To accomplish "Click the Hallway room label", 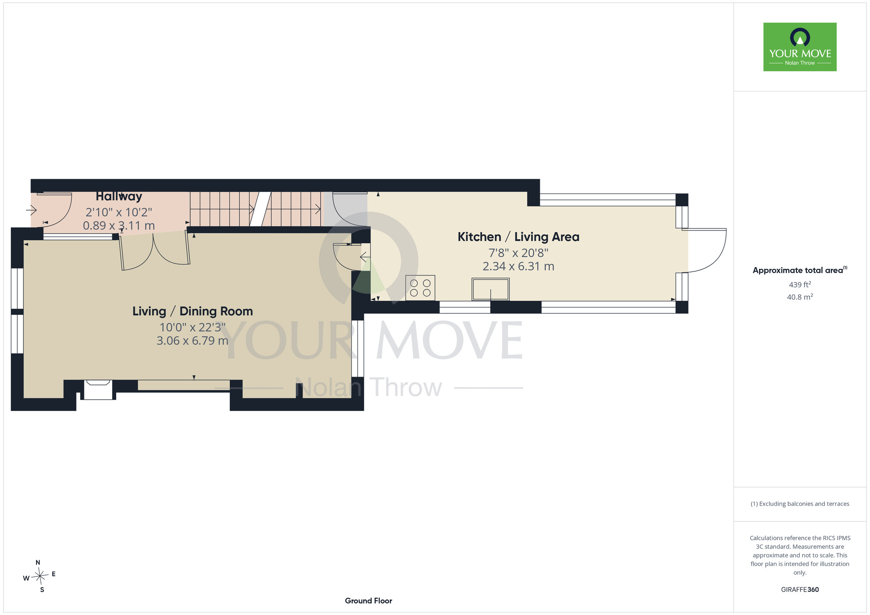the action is [119, 197].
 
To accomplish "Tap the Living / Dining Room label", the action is [193, 311].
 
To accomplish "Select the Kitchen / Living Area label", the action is [519, 237].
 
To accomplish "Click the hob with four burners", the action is [420, 288].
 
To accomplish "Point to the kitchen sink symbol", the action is [491, 289].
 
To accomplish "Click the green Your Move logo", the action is [800, 47].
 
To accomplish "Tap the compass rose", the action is [40, 576].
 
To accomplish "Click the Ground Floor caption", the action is [368, 601].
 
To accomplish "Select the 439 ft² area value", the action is [800, 284].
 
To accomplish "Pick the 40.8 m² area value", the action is [800, 297].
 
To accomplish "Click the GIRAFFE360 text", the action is [800, 590].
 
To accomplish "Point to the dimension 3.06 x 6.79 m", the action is [192, 341].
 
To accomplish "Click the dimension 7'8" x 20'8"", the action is [519, 253].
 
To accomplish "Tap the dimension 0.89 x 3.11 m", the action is [119, 226].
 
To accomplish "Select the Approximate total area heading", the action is [800, 270].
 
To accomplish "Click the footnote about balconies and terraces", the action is [800, 504].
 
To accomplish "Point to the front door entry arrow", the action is [31, 211].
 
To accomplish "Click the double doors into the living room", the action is [155, 251].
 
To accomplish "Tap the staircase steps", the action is [256, 209].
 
